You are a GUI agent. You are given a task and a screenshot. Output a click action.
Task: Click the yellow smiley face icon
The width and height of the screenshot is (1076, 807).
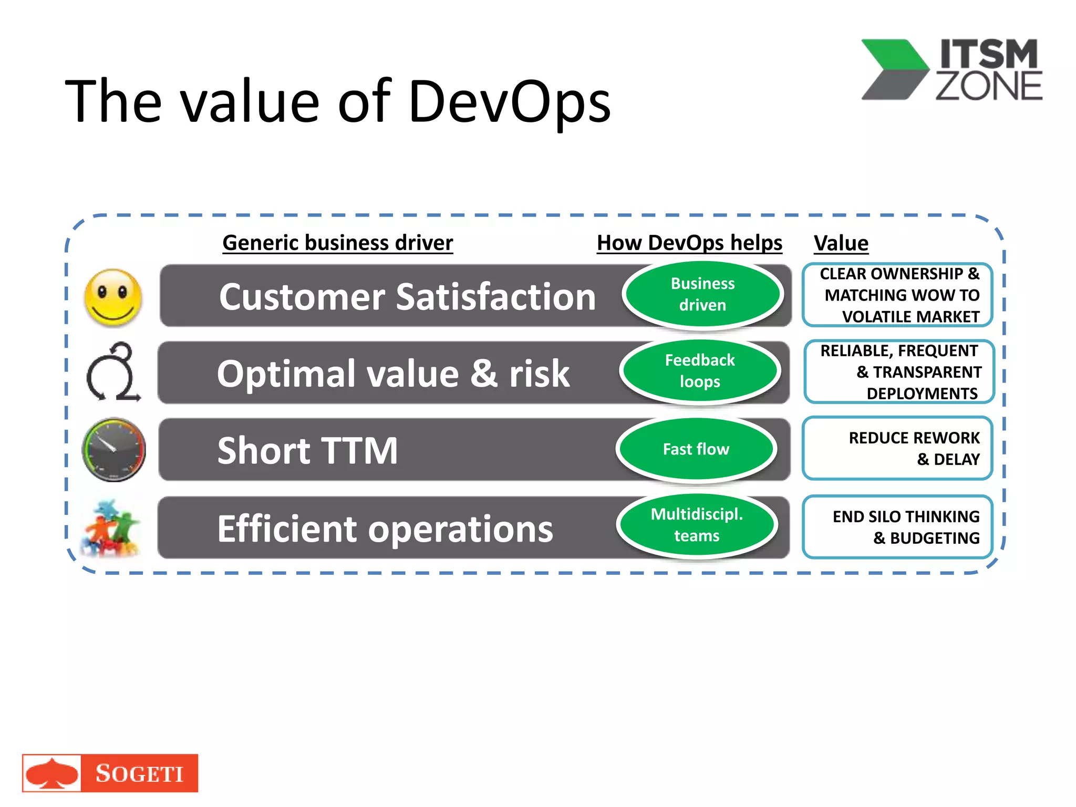click(x=113, y=297)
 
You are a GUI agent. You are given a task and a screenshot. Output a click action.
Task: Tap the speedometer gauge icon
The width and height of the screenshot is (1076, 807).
click(x=113, y=450)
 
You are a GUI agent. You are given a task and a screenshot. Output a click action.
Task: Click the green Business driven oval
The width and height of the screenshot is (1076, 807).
click(x=702, y=295)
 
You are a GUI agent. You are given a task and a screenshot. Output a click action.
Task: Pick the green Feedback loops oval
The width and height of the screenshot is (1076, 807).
click(x=699, y=371)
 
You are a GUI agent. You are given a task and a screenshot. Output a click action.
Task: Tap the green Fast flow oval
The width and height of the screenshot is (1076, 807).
click(x=696, y=450)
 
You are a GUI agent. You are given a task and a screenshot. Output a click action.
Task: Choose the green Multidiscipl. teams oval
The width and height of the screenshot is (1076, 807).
click(x=697, y=525)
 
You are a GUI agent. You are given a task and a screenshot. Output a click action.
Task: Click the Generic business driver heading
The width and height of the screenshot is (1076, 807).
click(x=337, y=243)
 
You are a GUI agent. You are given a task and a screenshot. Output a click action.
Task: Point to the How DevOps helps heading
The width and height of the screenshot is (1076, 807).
click(x=689, y=243)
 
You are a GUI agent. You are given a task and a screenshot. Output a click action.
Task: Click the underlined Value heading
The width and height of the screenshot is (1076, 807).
click(x=841, y=243)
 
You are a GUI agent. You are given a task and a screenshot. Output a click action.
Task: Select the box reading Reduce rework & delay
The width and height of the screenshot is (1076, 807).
click(x=897, y=448)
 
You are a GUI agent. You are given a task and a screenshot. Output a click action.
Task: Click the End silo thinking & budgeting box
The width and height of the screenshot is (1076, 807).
click(x=897, y=527)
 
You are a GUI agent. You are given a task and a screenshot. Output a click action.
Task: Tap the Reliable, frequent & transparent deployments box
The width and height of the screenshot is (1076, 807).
click(x=898, y=372)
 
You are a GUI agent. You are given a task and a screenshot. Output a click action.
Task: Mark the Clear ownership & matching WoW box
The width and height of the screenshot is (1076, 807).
click(x=897, y=295)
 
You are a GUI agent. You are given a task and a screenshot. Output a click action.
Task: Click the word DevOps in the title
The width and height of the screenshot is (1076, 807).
click(x=509, y=101)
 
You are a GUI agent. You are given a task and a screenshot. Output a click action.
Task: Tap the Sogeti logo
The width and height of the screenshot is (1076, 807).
click(x=110, y=773)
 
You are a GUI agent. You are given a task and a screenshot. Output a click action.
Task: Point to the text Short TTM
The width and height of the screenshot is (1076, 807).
click(x=307, y=451)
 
